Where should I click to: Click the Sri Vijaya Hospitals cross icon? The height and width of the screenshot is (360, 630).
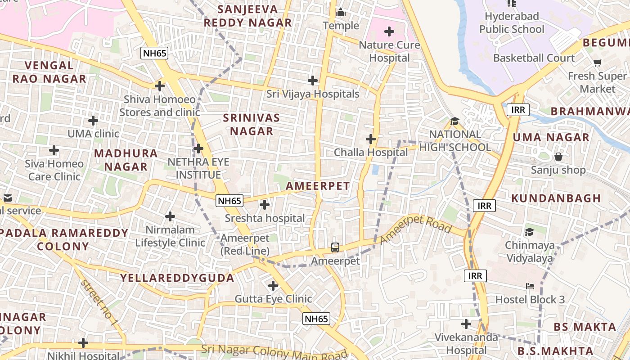tap(313, 81)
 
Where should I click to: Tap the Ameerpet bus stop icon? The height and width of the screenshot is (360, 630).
tap(335, 247)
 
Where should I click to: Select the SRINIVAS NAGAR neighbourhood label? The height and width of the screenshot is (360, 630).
tap(252, 125)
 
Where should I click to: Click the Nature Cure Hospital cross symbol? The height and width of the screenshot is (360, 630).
tap(389, 31)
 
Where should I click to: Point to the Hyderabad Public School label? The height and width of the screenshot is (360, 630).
tap(512, 23)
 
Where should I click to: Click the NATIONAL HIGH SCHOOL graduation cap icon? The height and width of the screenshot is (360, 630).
tap(454, 121)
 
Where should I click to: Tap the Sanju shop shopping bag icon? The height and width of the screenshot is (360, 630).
tap(558, 157)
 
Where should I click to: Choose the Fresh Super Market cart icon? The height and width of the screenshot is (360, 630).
tap(597, 63)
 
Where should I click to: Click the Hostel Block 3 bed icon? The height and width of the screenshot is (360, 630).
tap(530, 286)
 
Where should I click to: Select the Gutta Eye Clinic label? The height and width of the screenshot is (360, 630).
tap(273, 299)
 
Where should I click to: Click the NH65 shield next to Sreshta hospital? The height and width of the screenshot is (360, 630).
tap(229, 201)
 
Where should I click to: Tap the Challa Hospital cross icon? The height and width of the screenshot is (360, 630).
tap(371, 139)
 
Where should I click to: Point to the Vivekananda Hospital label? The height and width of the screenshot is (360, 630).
tap(466, 343)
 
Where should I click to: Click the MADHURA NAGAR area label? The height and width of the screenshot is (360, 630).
tap(126, 160)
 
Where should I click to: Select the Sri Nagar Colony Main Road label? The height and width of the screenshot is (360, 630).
tap(274, 351)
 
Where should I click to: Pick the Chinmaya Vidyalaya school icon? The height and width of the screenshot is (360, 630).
tap(530, 232)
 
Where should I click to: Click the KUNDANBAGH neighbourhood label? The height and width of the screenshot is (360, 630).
tap(556, 198)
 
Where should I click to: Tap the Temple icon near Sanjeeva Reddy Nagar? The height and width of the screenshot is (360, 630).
tap(341, 13)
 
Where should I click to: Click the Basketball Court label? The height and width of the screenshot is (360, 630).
tap(534, 58)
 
